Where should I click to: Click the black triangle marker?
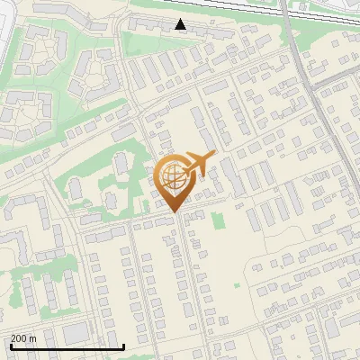[x=181, y=24]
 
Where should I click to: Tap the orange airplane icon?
[x=199, y=163]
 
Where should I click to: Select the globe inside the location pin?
[x=173, y=175]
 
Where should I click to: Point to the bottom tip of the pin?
[x=173, y=213]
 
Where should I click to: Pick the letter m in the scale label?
[x=33, y=338]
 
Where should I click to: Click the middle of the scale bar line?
[x=67, y=346]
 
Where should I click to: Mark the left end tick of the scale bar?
[x=10, y=346]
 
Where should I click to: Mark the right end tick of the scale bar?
[x=123, y=346]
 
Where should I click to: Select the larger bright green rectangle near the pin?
[x=216, y=220]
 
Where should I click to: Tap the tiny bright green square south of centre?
[x=237, y=286]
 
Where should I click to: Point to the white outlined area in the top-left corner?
[x=7, y=27]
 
